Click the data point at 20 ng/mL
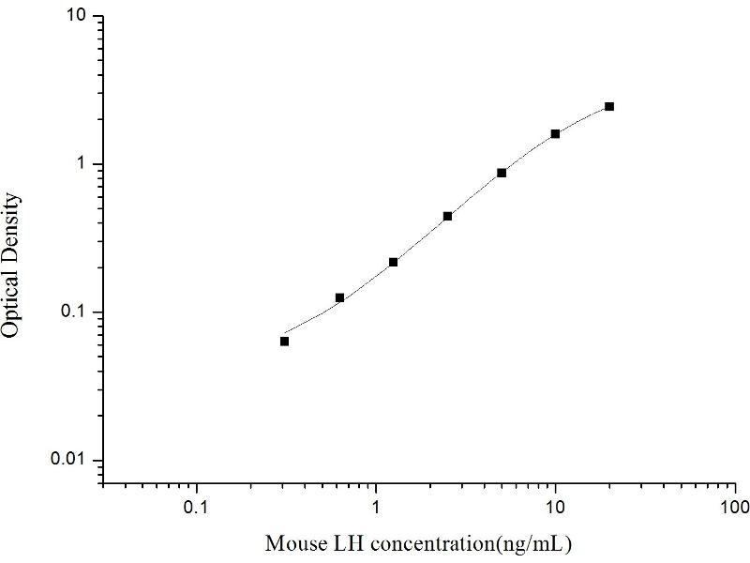click(x=609, y=107)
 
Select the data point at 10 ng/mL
click(x=555, y=134)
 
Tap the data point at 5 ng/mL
click(x=502, y=173)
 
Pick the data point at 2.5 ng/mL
click(x=447, y=216)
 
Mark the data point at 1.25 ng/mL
click(x=393, y=262)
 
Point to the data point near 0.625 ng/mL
click(x=339, y=297)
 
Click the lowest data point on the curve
click(x=284, y=341)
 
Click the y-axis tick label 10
click(x=78, y=17)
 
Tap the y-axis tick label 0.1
click(x=76, y=312)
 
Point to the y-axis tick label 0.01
click(x=72, y=460)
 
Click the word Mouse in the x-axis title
click(x=292, y=543)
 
